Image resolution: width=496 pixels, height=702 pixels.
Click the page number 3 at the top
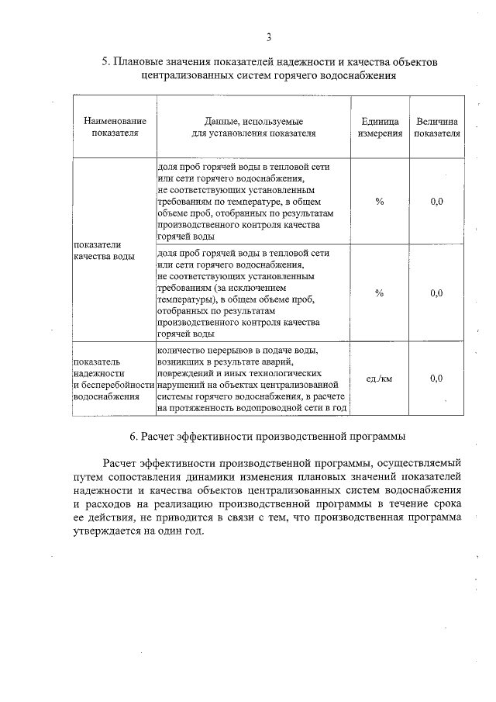268,36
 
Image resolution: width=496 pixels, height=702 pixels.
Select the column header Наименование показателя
115,127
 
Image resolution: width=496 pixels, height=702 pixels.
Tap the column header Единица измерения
380,127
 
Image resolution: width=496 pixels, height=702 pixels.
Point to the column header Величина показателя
436,127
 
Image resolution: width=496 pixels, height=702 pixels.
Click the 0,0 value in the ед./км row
436,378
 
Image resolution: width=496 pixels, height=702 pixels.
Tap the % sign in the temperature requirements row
380,201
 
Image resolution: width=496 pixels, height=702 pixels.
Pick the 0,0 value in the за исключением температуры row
436,292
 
